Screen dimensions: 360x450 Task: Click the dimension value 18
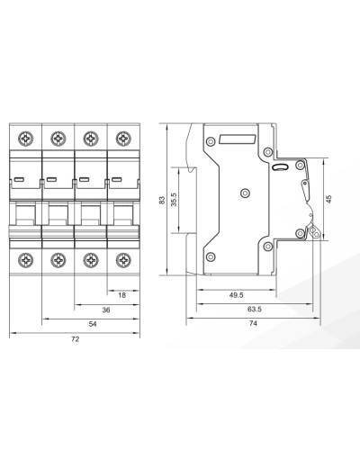pyautogui.click(x=121, y=295)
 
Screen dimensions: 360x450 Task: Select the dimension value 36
pyautogui.click(x=106, y=310)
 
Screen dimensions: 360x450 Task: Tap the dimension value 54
pyautogui.click(x=93, y=324)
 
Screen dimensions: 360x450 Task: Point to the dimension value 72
pyautogui.click(x=75, y=339)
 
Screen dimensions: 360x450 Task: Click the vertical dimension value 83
pyautogui.click(x=162, y=200)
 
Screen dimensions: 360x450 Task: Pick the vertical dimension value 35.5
pyautogui.click(x=174, y=200)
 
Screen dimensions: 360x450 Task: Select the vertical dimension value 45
pyautogui.click(x=329, y=199)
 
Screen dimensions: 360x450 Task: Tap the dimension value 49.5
pyautogui.click(x=236, y=295)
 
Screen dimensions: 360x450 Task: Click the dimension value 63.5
pyautogui.click(x=255, y=309)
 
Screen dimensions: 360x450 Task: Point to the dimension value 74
pyautogui.click(x=253, y=323)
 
